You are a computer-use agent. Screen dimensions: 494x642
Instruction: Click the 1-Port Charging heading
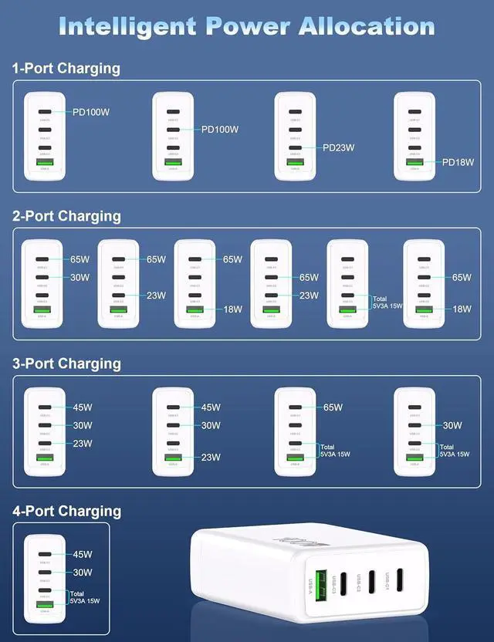pos(66,68)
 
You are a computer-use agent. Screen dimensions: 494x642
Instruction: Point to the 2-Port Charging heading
pos(66,216)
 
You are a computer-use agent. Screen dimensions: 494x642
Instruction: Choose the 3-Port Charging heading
pos(66,363)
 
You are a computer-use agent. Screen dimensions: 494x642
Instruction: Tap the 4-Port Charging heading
pos(66,511)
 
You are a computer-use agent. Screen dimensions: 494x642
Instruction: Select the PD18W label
pos(458,162)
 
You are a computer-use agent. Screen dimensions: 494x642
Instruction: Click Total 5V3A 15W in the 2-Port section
pos(386,302)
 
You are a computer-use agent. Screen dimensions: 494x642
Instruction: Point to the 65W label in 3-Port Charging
pos(333,407)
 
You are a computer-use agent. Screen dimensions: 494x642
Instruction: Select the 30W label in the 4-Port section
pos(83,573)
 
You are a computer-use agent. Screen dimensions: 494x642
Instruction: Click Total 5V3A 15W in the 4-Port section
pos(84,595)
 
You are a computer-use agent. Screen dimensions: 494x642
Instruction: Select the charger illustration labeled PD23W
pos(295,136)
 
